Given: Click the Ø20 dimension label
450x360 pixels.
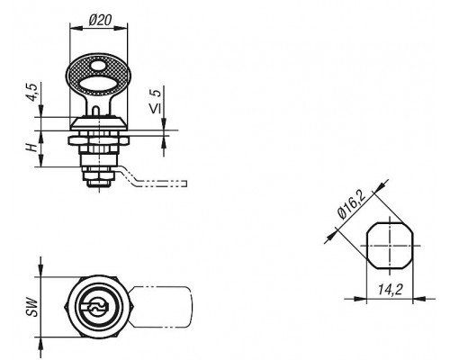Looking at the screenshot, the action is (100, 20).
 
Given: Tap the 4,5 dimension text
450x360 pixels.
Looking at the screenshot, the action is (32, 92).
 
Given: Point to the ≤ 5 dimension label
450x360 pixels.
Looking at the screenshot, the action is (156, 101).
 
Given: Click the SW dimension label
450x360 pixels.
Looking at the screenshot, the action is (32, 307).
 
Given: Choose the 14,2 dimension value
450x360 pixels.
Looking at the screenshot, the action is (390, 290).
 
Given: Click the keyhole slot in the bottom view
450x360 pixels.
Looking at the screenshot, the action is (95, 307).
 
